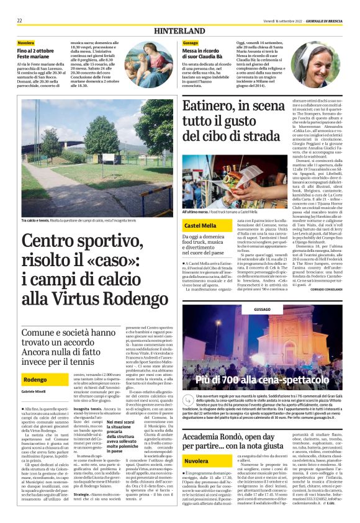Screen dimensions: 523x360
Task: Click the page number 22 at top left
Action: tap(19, 20)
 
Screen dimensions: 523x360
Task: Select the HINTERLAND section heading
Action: tap(180, 30)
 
